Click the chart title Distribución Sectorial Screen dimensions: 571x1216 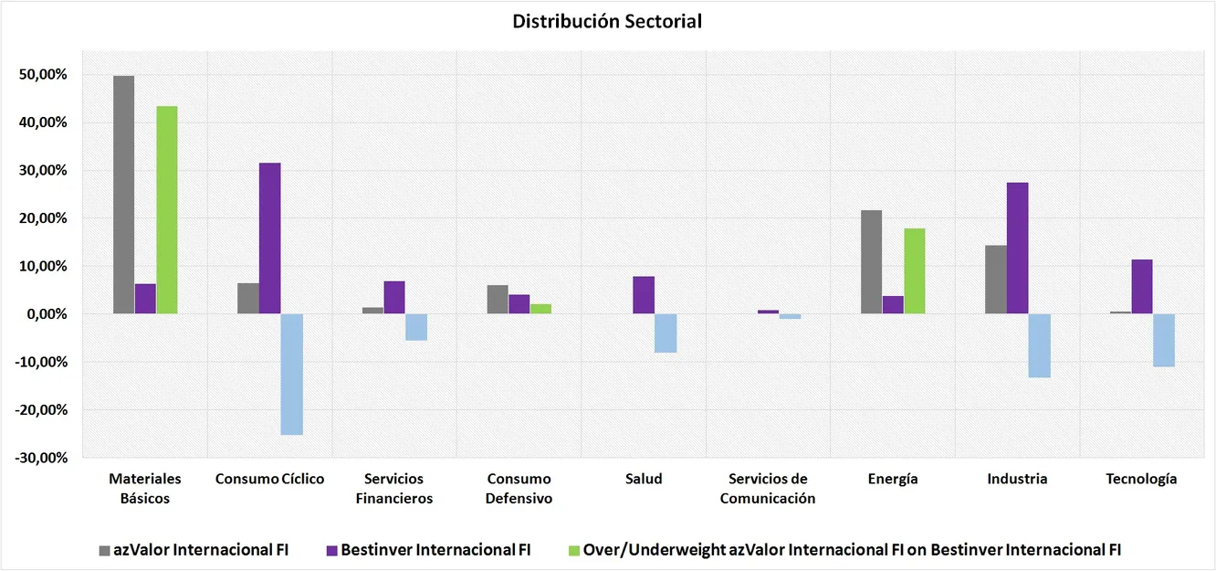pyautogui.click(x=607, y=21)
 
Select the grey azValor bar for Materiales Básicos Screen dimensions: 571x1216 pyautogui.click(x=123, y=195)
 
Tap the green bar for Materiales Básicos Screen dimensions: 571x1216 pyautogui.click(x=167, y=210)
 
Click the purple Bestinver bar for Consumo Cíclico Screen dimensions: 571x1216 pyautogui.click(x=269, y=238)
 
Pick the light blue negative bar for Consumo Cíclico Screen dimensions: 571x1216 pyautogui.click(x=291, y=375)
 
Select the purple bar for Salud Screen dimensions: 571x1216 pyautogui.click(x=644, y=295)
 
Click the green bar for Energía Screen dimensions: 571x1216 pyautogui.click(x=914, y=271)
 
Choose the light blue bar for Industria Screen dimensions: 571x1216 pyautogui.click(x=1039, y=345)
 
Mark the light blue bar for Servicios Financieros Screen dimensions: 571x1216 pyautogui.click(x=416, y=327)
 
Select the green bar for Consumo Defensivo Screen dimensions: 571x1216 pyautogui.click(x=540, y=309)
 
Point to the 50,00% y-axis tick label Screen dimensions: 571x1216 pyautogui.click(x=43, y=75)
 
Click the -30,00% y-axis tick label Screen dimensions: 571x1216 pyautogui.click(x=43, y=458)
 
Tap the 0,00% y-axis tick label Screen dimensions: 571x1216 pyautogui.click(x=47, y=314)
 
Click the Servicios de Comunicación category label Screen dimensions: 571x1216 pyautogui.click(x=768, y=488)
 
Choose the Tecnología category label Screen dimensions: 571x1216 pyautogui.click(x=1141, y=479)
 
